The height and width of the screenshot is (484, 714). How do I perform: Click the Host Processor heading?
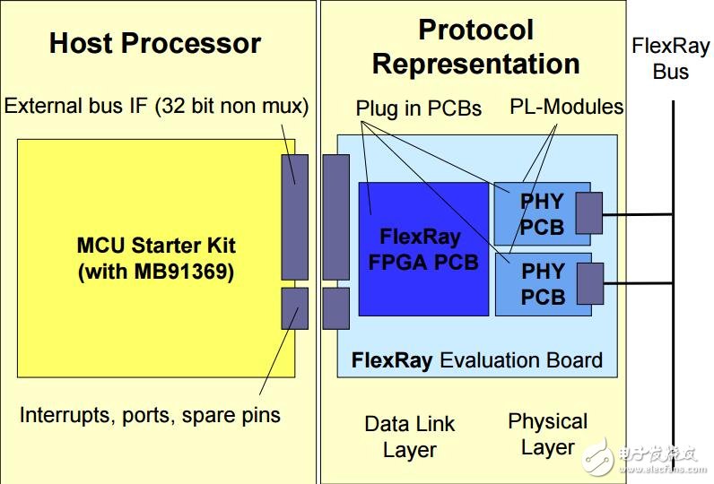pos(155,43)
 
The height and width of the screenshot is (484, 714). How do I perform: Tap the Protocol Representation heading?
pos(475,47)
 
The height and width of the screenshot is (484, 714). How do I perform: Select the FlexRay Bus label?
pos(670,58)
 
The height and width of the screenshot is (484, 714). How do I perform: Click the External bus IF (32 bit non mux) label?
pos(156,106)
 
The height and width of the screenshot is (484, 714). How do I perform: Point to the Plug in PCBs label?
pos(419,108)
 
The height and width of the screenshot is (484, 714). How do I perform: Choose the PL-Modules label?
pos(567,107)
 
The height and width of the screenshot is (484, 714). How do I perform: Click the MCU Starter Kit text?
pos(156,246)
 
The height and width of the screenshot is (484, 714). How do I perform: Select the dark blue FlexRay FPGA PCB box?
pos(423,249)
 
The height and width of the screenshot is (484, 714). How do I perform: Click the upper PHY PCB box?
pos(543,214)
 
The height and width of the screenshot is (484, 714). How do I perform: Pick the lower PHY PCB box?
pos(544,284)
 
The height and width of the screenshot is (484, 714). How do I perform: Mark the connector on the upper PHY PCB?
pos(588,213)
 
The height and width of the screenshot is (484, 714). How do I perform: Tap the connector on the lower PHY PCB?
pos(590,284)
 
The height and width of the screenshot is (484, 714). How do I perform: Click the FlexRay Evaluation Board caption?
pos(477,360)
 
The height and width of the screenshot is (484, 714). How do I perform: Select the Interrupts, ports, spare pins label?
pos(150,415)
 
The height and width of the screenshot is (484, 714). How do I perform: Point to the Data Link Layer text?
pos(409,436)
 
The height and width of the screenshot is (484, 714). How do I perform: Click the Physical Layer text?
pos(548,434)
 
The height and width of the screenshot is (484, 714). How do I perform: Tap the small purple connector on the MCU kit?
pos(294,308)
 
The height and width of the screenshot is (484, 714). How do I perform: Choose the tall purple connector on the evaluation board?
pos(336,217)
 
